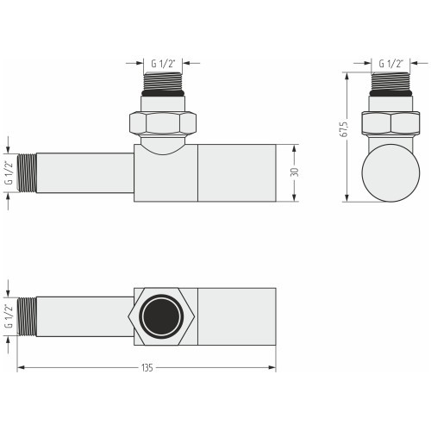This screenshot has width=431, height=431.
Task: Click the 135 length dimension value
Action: [x=147, y=367]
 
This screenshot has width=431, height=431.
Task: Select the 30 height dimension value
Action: [x=295, y=172]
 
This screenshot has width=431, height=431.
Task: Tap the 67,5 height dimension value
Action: [x=345, y=129]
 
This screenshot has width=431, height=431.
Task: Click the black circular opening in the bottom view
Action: [x=161, y=316]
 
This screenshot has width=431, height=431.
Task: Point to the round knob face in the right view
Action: [x=390, y=173]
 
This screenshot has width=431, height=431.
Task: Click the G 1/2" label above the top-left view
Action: [x=163, y=64]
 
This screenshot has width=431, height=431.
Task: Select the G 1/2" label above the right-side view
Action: [x=390, y=64]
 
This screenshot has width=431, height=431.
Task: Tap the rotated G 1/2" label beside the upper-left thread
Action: [x=9, y=172]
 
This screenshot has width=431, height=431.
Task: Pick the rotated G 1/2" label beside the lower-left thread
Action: [x=9, y=315]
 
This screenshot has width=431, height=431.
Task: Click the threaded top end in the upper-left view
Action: [x=163, y=81]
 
